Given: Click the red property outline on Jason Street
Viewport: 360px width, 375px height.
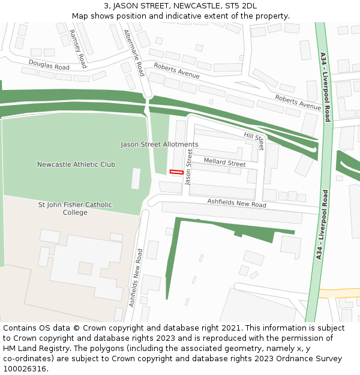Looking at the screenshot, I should (x=176, y=172).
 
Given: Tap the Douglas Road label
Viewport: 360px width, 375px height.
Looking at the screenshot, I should (x=49, y=65).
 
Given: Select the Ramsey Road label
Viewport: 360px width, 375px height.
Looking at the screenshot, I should (x=78, y=49).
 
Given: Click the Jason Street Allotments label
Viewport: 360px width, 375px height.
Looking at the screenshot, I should (x=159, y=145).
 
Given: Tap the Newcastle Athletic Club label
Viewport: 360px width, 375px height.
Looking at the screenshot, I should (x=76, y=164).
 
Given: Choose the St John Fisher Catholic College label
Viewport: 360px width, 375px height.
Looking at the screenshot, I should (x=75, y=208).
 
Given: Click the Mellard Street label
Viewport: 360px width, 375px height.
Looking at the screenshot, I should (x=224, y=163).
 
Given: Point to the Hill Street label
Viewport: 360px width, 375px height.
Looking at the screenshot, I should (x=254, y=142).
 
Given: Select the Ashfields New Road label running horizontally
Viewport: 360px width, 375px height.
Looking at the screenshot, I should (x=236, y=204).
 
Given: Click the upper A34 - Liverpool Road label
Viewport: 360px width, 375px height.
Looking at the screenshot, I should (x=325, y=87).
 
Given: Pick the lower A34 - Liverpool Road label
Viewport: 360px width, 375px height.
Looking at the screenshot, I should (x=321, y=225).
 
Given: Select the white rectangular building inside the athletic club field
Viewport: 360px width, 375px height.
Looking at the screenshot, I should (x=136, y=179).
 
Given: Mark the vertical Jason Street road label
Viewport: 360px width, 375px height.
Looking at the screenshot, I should (x=190, y=167).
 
